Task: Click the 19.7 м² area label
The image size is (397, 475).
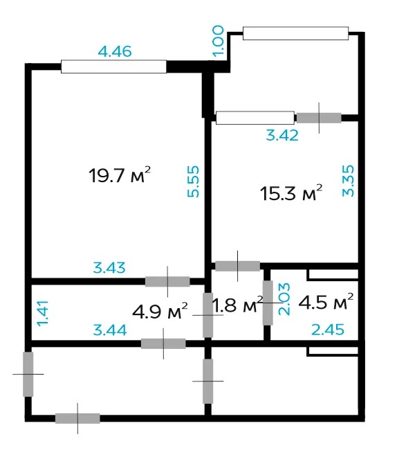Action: tap(120, 174)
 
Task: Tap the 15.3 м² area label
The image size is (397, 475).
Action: tap(290, 192)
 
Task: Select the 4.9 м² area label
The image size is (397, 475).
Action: tap(160, 311)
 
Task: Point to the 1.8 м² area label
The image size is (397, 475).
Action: tap(237, 305)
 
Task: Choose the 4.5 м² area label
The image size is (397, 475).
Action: tap(326, 301)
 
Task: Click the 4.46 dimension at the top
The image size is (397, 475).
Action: tap(115, 51)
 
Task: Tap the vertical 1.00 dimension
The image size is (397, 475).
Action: tap(218, 42)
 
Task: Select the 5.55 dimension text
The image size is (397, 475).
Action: tap(193, 181)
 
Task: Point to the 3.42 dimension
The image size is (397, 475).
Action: tap(282, 135)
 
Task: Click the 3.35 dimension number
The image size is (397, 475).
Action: tap(348, 181)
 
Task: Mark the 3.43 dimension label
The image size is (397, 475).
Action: tap(109, 267)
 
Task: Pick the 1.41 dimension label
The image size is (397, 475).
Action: tap(43, 313)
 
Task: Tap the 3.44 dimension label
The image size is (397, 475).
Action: tap(109, 330)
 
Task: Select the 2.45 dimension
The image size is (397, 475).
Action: tap(328, 330)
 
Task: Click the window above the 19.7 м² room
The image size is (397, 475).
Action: tap(113, 66)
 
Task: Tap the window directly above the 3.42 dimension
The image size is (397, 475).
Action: tap(255, 118)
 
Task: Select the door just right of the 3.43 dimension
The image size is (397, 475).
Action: tap(167, 281)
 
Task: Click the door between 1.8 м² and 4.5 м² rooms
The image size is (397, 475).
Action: tap(268, 303)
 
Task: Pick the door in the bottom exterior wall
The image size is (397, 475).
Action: tap(77, 418)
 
